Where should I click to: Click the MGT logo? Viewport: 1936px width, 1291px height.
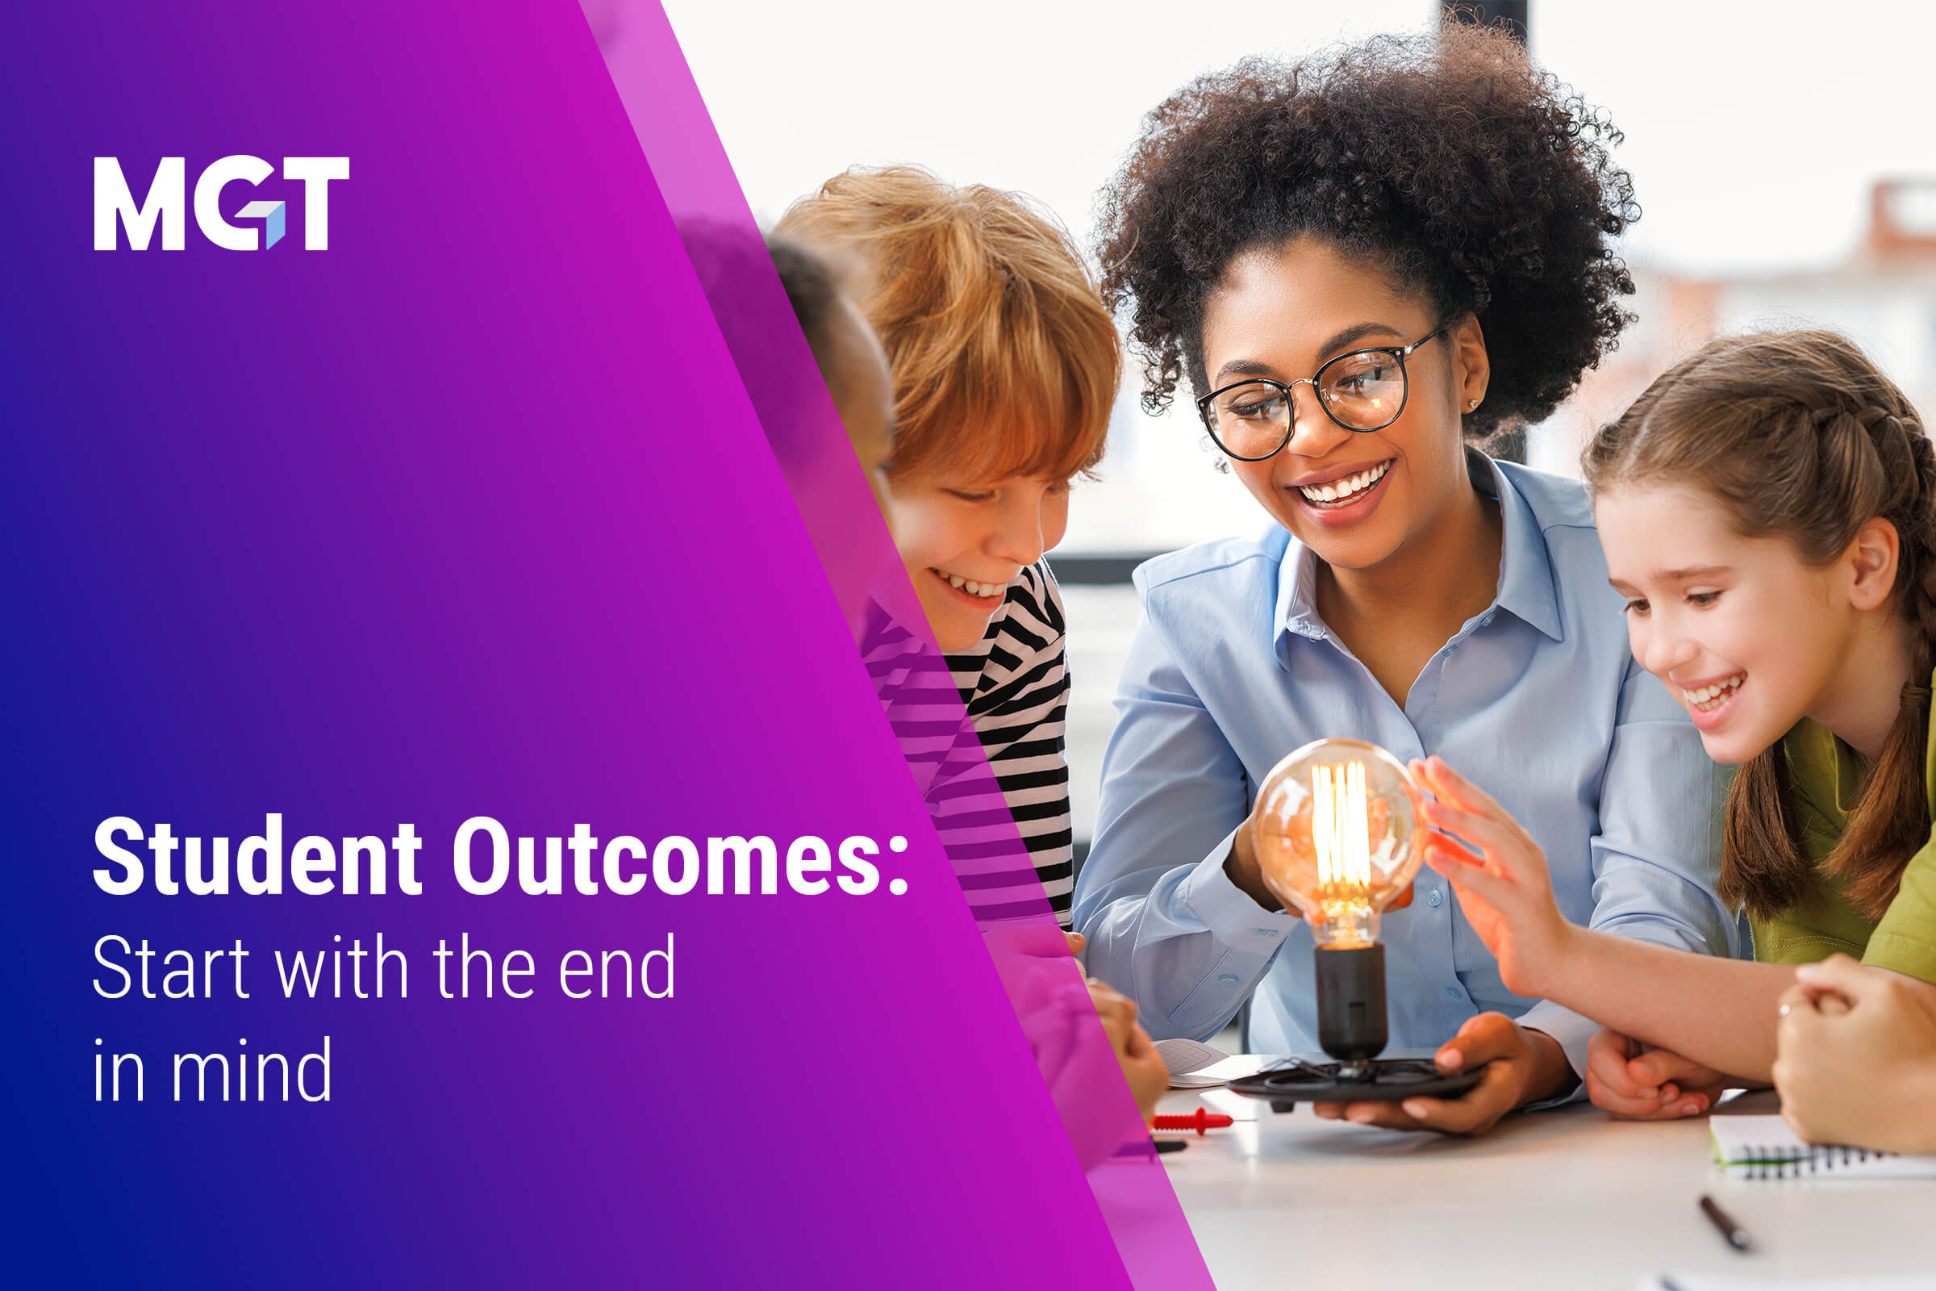[x=220, y=203]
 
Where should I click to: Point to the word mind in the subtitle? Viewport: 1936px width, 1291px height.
[x=251, y=1071]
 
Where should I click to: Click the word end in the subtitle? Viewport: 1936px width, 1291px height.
[x=616, y=967]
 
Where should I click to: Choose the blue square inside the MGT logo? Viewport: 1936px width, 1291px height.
[x=275, y=226]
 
